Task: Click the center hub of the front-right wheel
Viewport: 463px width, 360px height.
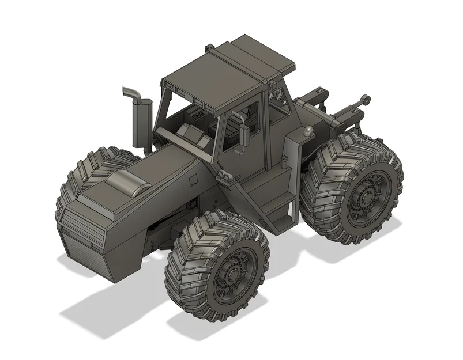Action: (233, 276)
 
